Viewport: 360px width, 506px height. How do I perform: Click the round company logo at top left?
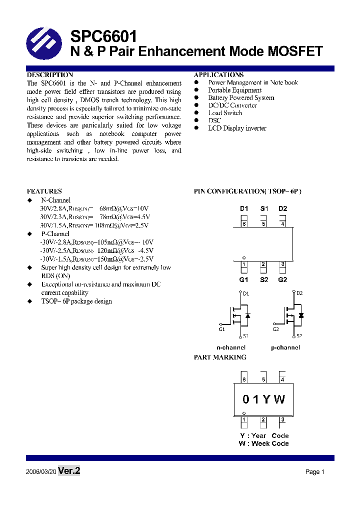(x=43, y=43)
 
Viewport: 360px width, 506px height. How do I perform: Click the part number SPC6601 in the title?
(x=103, y=36)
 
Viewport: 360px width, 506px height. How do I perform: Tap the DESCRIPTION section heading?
(x=49, y=74)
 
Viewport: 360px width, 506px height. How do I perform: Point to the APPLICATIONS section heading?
(x=218, y=74)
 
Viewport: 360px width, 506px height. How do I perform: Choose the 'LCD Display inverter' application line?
(x=237, y=128)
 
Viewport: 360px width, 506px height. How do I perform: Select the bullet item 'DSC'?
(x=214, y=120)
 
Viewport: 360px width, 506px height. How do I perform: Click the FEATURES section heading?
(x=44, y=191)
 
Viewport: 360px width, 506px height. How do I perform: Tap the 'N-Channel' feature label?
(x=55, y=200)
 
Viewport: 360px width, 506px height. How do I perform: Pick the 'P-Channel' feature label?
(x=55, y=233)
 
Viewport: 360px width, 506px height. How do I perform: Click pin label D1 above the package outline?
(x=244, y=208)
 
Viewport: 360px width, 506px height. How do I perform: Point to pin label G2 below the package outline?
(x=282, y=279)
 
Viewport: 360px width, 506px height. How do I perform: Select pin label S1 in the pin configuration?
(x=264, y=208)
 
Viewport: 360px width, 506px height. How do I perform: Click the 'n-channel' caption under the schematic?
(x=230, y=347)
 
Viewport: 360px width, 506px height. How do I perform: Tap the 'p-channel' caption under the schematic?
(x=285, y=347)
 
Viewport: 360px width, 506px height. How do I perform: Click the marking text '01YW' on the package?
(x=263, y=399)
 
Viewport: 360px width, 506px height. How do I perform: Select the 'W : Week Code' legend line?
(x=263, y=443)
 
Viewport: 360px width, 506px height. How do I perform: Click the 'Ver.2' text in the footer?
(x=69, y=471)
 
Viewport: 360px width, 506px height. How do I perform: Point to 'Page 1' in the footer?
(x=315, y=472)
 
